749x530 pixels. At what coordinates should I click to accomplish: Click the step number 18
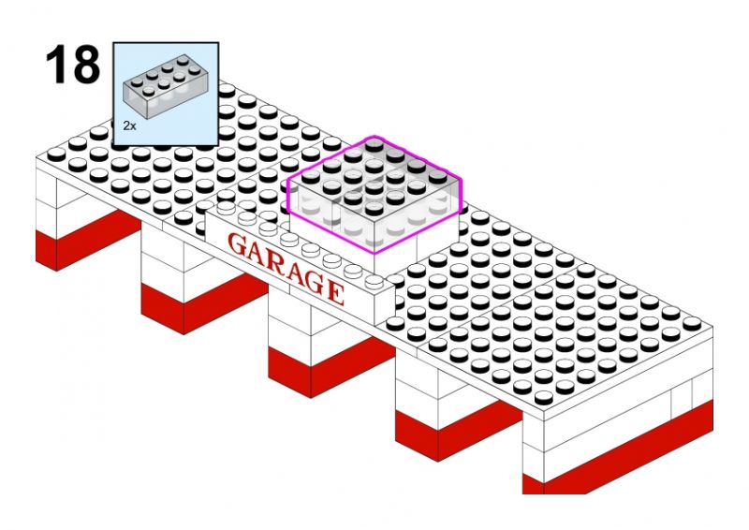click(x=71, y=64)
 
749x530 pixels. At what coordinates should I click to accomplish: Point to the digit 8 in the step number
click(x=84, y=64)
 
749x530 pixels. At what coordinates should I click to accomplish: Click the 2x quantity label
click(x=129, y=124)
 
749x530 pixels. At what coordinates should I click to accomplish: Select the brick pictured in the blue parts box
click(x=165, y=87)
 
